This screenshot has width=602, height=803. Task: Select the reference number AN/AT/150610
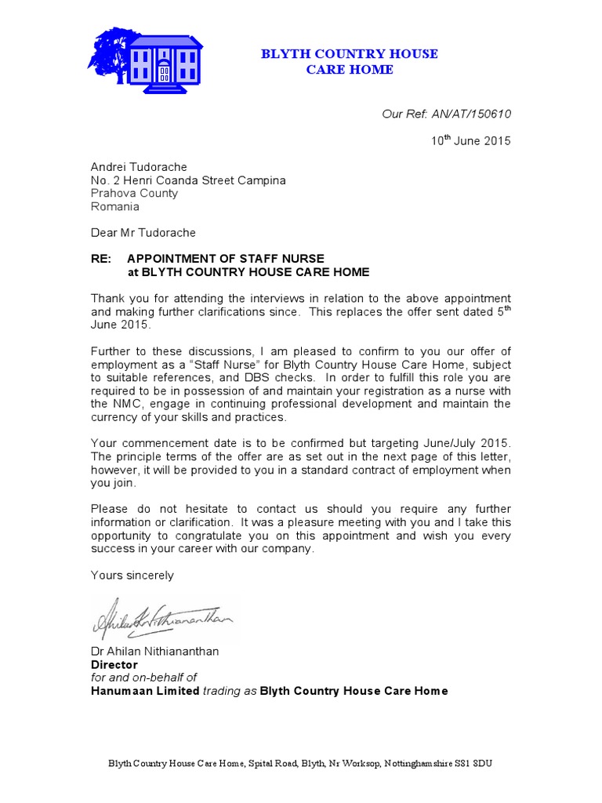tap(470, 114)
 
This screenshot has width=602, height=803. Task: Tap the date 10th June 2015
tap(470, 141)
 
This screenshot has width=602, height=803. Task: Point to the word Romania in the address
tap(115, 207)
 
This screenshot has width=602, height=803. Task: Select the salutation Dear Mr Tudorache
tap(143, 233)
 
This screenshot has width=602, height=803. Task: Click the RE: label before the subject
tap(102, 259)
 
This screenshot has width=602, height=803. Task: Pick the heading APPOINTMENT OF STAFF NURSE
tap(226, 259)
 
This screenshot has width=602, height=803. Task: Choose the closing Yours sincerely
tap(132, 575)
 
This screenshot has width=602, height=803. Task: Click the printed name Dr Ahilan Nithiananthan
tap(155, 651)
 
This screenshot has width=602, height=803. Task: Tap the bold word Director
tap(115, 664)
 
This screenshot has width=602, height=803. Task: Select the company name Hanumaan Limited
tap(145, 691)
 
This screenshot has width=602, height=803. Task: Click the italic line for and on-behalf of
tap(143, 678)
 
